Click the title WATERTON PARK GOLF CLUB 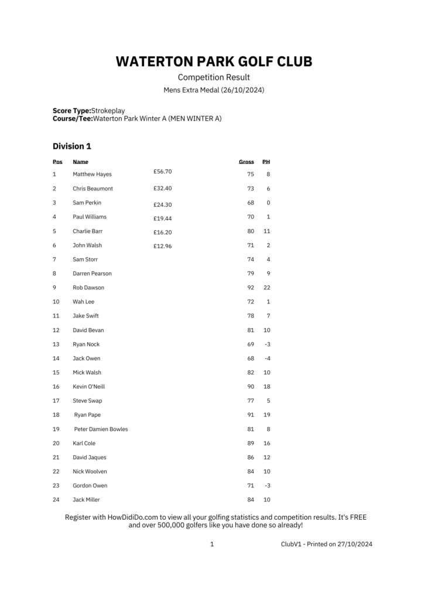pyautogui.click(x=214, y=62)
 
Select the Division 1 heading pyautogui.click(x=72, y=146)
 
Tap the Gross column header pyautogui.click(x=247, y=161)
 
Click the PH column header pyautogui.click(x=266, y=161)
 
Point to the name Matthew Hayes pyautogui.click(x=92, y=174)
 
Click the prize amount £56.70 pyautogui.click(x=163, y=172)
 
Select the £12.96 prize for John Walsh pyautogui.click(x=163, y=246)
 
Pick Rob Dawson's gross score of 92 pyautogui.click(x=251, y=288)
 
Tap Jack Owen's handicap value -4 pyautogui.click(x=267, y=358)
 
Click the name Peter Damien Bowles pyautogui.click(x=101, y=429)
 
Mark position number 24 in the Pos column pyautogui.click(x=56, y=500)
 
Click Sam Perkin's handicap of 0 pyautogui.click(x=268, y=203)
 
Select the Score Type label pyautogui.click(x=71, y=110)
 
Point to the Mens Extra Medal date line pyautogui.click(x=214, y=90)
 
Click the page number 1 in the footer pyautogui.click(x=212, y=544)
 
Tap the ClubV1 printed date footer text pyautogui.click(x=326, y=544)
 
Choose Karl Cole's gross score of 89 pyautogui.click(x=251, y=443)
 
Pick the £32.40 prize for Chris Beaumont pyautogui.click(x=163, y=188)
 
